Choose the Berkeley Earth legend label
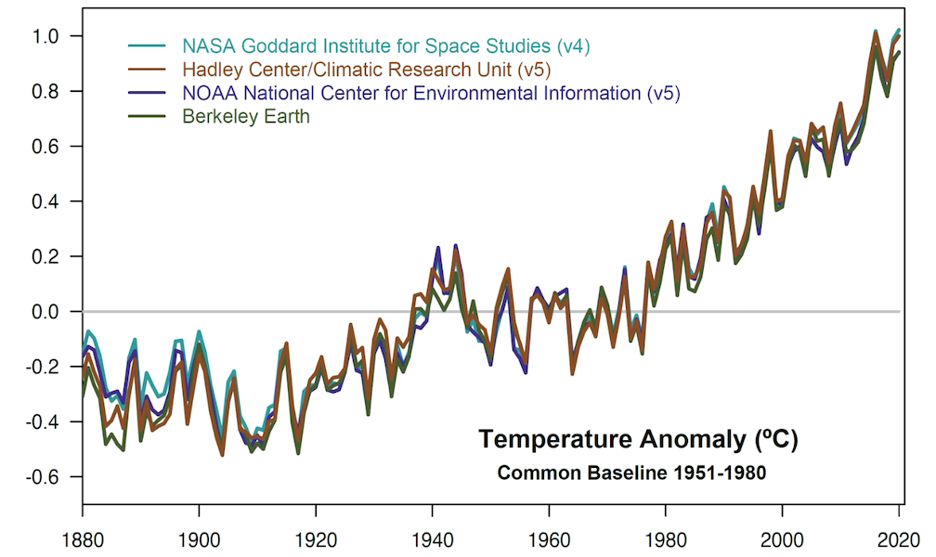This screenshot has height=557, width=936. pyautogui.click(x=246, y=117)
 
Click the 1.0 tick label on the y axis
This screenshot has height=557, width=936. pyautogui.click(x=45, y=36)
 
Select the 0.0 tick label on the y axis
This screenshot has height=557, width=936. pyautogui.click(x=45, y=312)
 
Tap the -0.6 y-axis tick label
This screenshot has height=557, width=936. pyautogui.click(x=42, y=477)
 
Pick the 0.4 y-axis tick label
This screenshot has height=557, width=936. pyautogui.click(x=45, y=201)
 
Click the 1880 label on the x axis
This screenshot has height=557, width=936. pyautogui.click(x=82, y=538)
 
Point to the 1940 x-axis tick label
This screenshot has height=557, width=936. pyautogui.click(x=432, y=538)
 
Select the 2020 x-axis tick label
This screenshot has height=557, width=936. pyautogui.click(x=898, y=538)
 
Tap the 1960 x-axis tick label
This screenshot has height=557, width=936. pyautogui.click(x=549, y=538)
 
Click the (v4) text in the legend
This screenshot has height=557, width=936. pyautogui.click(x=573, y=45)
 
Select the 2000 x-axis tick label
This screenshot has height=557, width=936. pyautogui.click(x=782, y=538)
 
